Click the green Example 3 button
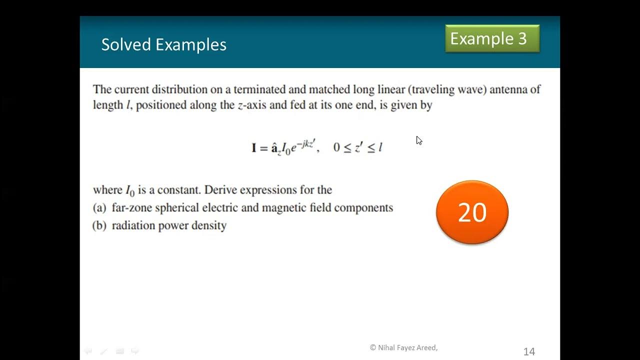[492, 39]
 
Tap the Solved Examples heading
[163, 44]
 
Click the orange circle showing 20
[472, 212]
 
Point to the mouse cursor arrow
[419, 140]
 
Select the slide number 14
[529, 351]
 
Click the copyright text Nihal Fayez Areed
[403, 347]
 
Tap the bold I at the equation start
[254, 147]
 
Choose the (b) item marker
[100, 225]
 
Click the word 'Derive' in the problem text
[220, 190]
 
